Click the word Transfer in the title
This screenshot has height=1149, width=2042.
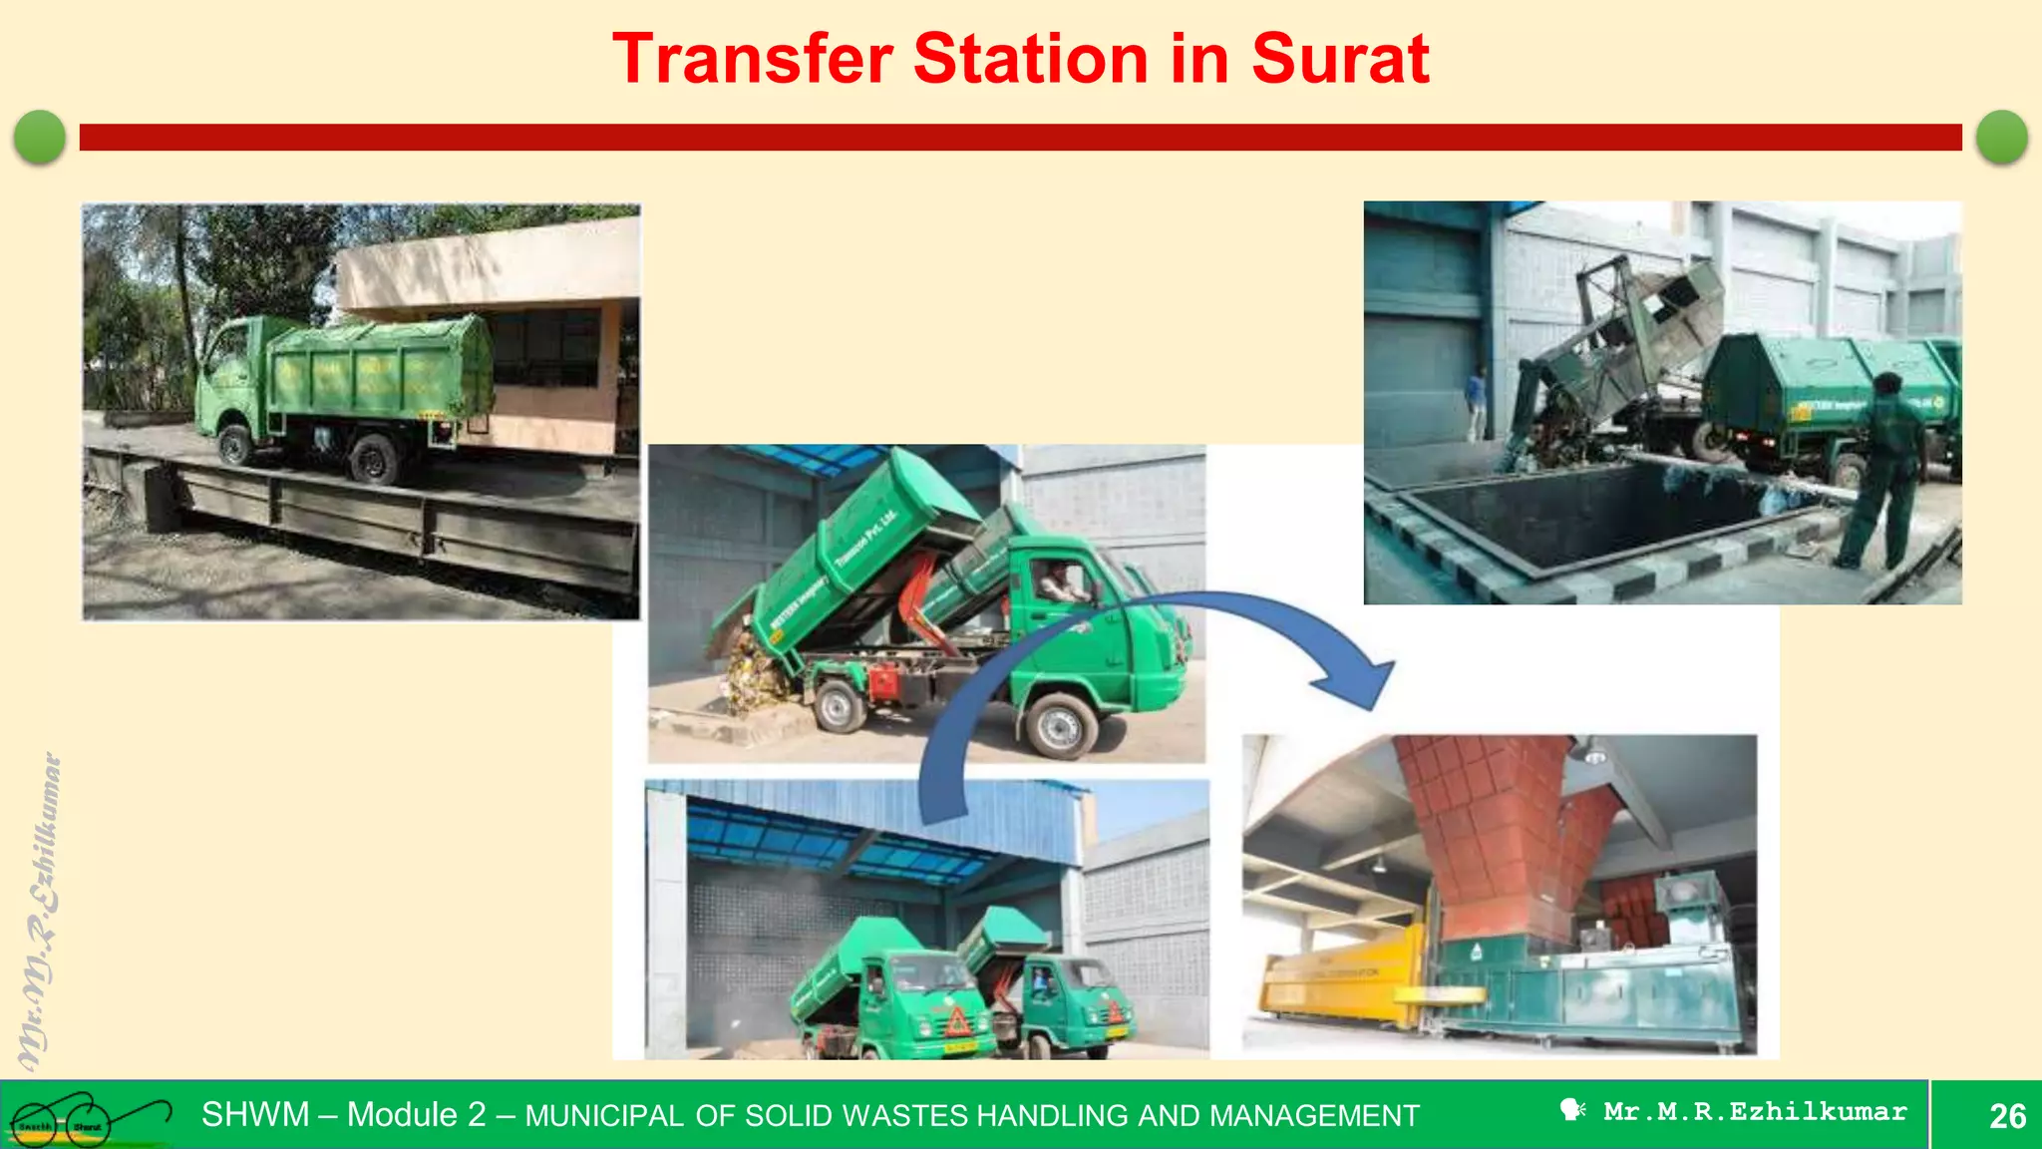pos(752,59)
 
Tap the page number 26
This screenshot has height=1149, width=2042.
pos(2007,1115)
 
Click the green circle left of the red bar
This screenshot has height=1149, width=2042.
pos(40,137)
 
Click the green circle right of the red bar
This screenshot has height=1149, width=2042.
pos(2001,137)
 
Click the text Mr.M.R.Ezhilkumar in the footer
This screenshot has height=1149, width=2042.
pos(1754,1112)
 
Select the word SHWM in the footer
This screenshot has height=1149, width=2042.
pos(255,1114)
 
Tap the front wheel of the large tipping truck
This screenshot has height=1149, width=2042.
pos(1059,725)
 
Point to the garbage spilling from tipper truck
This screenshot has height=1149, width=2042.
pos(748,673)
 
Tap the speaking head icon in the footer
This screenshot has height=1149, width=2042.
pos(1572,1110)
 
